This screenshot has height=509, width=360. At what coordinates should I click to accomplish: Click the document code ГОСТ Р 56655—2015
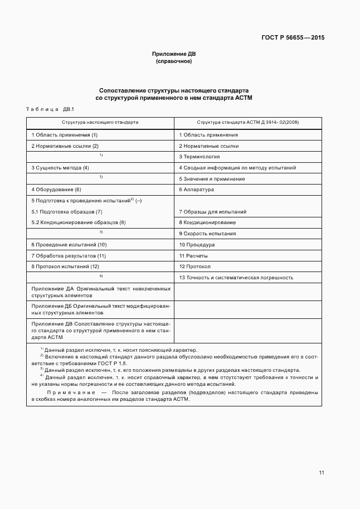293,38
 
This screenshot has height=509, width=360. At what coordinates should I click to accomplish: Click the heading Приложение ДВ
173,54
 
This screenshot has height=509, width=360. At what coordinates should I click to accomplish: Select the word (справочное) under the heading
173,61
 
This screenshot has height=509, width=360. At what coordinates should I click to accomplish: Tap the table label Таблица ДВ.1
50,109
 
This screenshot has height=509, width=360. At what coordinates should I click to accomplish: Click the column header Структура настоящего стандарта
100,121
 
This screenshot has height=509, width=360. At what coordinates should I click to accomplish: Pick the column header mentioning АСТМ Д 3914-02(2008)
248,121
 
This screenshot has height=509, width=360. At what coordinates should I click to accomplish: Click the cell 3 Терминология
200,157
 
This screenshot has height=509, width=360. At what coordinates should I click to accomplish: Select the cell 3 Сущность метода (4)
60,167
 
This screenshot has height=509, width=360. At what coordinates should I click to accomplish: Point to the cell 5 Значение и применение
212,179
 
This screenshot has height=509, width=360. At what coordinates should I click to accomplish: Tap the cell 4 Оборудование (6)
56,190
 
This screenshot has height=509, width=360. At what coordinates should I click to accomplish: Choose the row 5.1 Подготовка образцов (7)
67,211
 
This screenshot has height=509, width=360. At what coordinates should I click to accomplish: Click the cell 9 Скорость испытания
207,234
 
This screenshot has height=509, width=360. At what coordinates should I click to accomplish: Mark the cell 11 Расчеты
193,255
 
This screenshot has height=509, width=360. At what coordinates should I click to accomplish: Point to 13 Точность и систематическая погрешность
236,278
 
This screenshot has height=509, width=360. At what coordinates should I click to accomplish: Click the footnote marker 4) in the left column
101,276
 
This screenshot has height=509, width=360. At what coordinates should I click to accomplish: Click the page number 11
322,473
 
